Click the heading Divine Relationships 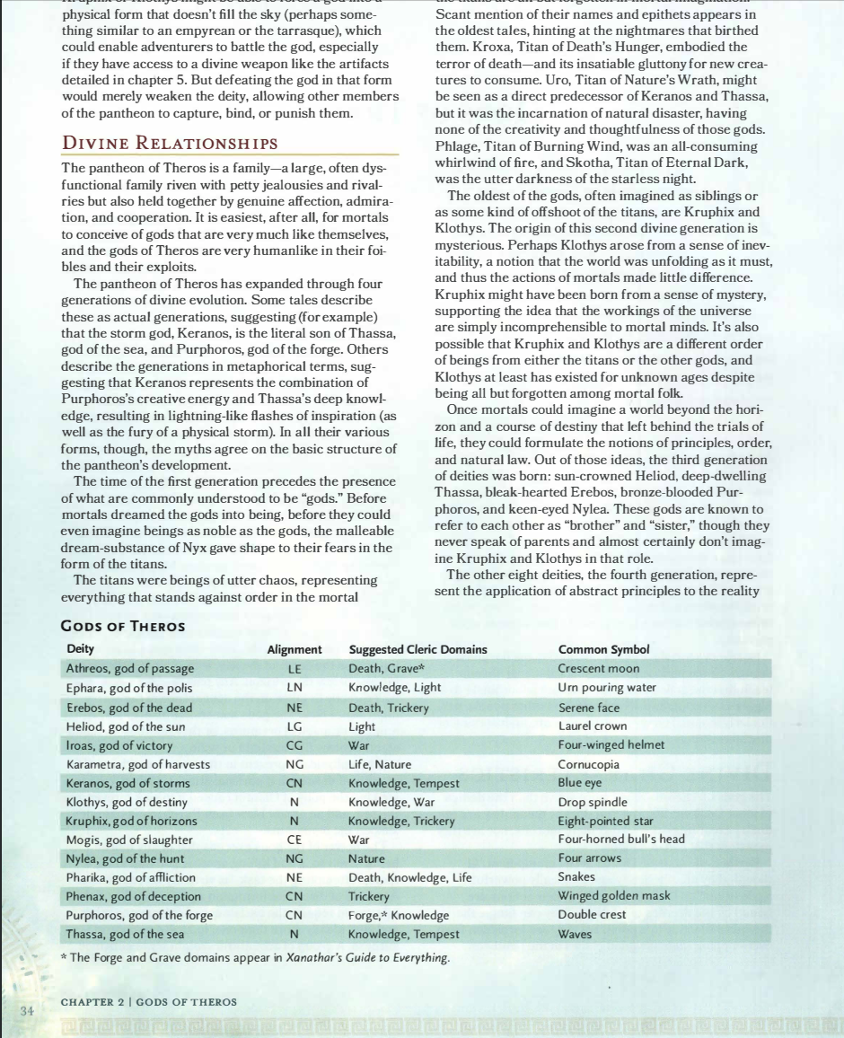169,143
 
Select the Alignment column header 295,649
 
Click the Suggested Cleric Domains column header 418,649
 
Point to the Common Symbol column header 603,649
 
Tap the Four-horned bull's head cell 620,839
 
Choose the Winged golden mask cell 614,895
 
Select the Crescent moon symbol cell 598,669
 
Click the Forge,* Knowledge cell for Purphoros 398,914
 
